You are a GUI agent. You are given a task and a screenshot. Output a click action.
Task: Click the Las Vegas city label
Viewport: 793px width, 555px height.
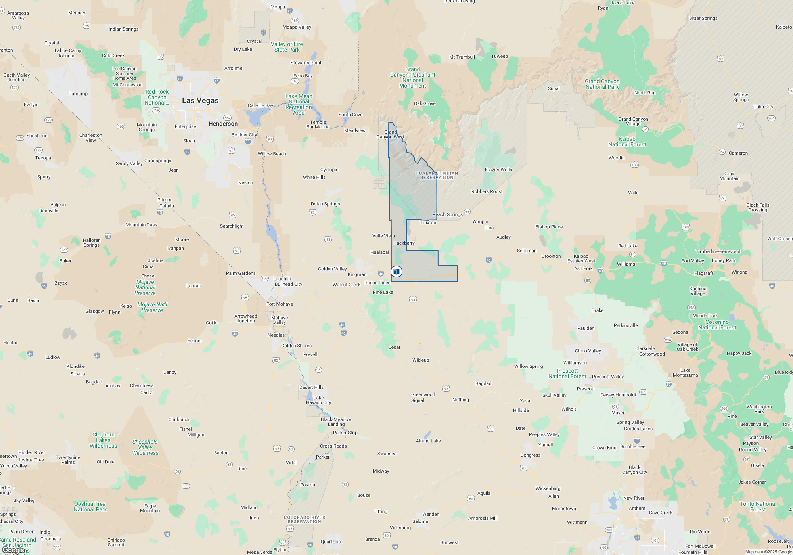point(200,101)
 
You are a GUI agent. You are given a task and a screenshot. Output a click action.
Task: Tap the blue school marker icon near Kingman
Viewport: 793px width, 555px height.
point(396,272)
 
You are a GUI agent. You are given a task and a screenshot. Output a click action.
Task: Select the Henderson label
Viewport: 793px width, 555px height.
point(223,124)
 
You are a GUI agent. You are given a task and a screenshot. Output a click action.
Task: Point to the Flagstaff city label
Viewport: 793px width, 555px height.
point(704,273)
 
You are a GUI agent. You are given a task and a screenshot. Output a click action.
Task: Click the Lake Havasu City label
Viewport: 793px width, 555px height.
point(318,400)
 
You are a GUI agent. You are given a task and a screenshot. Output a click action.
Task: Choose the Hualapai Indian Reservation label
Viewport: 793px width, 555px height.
point(437,175)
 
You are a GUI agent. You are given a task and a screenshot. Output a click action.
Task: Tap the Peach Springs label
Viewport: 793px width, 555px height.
point(447,214)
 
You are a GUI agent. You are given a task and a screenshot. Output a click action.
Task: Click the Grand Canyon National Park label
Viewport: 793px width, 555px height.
point(602,84)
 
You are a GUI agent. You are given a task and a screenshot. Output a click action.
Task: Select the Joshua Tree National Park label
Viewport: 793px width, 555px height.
point(90,507)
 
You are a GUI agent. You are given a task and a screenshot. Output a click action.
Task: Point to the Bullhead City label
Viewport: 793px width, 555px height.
point(288,284)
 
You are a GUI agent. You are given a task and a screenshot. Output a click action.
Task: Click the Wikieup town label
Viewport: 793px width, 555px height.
point(420,360)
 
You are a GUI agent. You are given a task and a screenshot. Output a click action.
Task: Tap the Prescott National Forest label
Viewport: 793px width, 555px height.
point(567,373)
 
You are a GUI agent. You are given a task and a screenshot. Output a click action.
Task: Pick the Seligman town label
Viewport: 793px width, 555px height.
point(527,251)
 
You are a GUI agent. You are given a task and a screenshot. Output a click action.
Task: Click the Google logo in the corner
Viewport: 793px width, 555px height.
point(14,550)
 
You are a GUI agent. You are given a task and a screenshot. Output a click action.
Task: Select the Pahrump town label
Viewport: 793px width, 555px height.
point(78,94)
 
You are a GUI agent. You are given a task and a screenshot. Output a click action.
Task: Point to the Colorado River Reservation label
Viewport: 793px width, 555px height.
point(305,519)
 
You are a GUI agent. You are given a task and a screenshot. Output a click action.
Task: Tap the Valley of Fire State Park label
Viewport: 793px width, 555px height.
point(287,47)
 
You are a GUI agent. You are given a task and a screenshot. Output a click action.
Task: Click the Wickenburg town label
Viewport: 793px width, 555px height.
point(548,488)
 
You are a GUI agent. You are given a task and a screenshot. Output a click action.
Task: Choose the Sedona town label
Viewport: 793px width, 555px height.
point(680,332)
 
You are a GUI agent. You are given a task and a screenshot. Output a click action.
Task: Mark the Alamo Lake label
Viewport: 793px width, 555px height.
point(428,441)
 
